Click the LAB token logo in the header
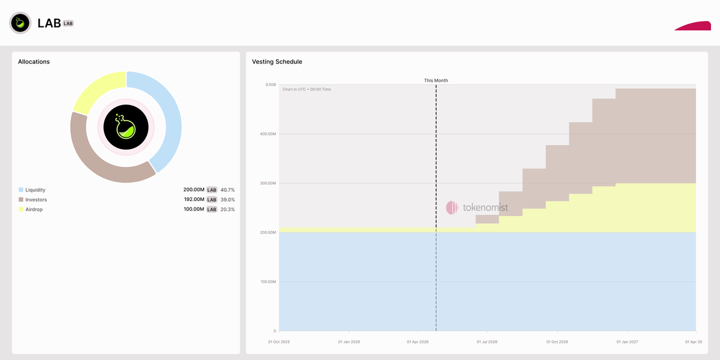[x=20, y=23]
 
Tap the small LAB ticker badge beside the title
[x=68, y=23]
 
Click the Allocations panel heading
[x=34, y=62]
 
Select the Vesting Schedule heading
[x=277, y=62]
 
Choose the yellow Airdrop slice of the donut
[x=96, y=90]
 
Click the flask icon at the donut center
[x=126, y=127]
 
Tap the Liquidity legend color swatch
[x=21, y=190]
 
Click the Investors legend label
[x=36, y=200]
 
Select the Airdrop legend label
[x=34, y=209]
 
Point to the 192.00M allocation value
[x=194, y=200]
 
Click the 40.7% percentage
[x=227, y=190]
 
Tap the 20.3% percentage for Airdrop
[x=227, y=209]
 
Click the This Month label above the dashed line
[x=436, y=80]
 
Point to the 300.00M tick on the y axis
[x=266, y=183]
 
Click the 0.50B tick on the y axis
[x=270, y=85]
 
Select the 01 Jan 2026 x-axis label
[x=349, y=342]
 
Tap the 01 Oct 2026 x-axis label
[x=557, y=342]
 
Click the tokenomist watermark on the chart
[x=477, y=208]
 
